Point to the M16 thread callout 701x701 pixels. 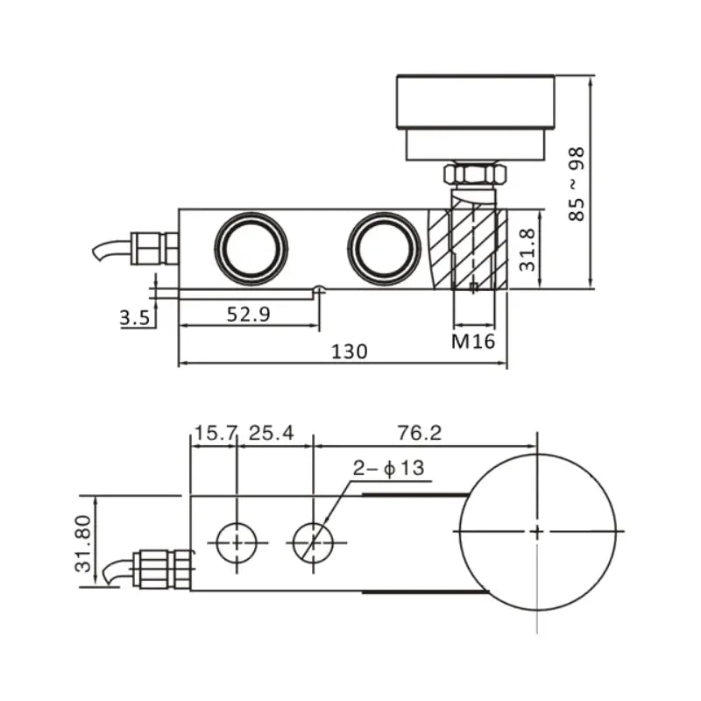click(x=473, y=341)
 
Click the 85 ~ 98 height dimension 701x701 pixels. click(x=577, y=184)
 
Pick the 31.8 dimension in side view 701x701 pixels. click(x=527, y=250)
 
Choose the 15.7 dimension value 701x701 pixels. click(x=215, y=432)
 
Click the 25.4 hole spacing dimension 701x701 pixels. click(x=272, y=432)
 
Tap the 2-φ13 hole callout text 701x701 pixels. click(x=388, y=468)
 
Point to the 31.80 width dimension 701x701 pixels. click(x=83, y=543)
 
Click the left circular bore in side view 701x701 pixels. click(x=254, y=248)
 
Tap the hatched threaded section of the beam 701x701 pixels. click(x=469, y=250)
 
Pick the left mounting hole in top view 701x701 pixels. click(x=236, y=543)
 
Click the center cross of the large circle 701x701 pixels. click(x=536, y=531)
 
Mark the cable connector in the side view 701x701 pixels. click(x=154, y=248)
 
